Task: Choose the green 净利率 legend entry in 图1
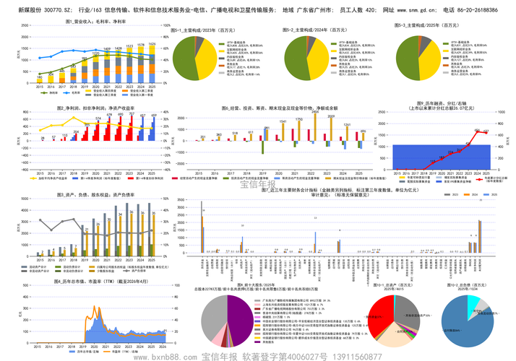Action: tap(53, 92)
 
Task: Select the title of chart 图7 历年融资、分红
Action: tap(436, 108)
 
